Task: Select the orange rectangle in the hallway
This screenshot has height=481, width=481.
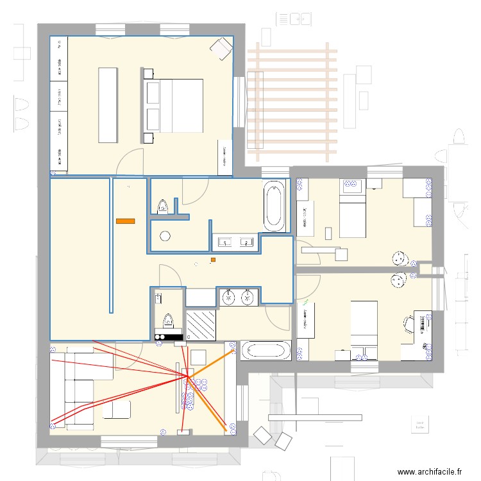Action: click(125, 221)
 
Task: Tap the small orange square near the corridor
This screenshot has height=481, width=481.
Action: click(213, 260)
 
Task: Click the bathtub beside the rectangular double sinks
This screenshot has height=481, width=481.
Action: click(274, 206)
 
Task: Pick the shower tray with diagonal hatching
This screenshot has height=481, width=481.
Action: click(202, 325)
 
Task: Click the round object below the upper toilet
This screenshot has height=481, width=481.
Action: click(165, 235)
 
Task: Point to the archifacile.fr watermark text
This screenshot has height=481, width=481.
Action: click(430, 471)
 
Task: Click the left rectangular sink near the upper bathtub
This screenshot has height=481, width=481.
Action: click(225, 242)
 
